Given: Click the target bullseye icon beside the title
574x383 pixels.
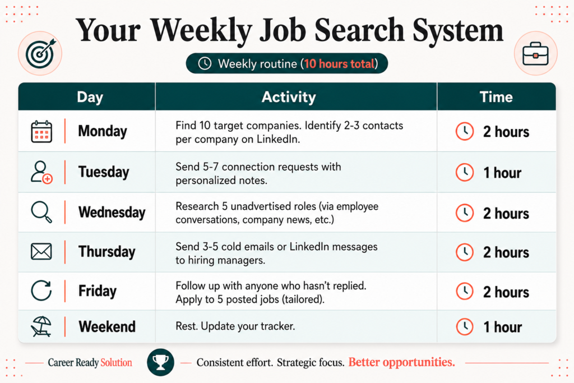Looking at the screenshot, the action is [40, 53].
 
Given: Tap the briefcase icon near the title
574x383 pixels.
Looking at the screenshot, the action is [535, 53].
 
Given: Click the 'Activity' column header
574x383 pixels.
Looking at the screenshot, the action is [289, 97].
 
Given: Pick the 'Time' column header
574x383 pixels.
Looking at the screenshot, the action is [496, 97].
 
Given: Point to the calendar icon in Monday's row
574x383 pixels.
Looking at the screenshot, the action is [41, 131].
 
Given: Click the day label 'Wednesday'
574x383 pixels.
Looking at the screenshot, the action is [112, 213].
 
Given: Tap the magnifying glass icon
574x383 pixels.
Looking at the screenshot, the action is [41, 213].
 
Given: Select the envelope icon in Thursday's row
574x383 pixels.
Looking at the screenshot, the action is [41, 252].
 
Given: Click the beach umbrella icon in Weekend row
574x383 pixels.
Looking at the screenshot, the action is [41, 326].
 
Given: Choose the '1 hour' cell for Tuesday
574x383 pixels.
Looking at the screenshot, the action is [502, 173].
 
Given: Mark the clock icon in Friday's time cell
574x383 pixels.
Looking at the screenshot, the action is [465, 292].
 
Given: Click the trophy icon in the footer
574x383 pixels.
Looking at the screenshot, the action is [160, 362].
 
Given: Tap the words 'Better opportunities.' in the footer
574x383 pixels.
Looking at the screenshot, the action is [401, 362].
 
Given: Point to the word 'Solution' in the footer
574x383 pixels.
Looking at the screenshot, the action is [116, 362].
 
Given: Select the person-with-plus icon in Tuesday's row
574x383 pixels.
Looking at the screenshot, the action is [41, 172].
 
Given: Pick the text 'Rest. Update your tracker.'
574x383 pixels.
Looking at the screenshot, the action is [235, 326].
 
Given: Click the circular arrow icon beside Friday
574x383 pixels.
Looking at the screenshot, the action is [41, 290].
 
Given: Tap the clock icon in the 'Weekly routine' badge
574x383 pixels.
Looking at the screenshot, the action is [205, 63].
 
